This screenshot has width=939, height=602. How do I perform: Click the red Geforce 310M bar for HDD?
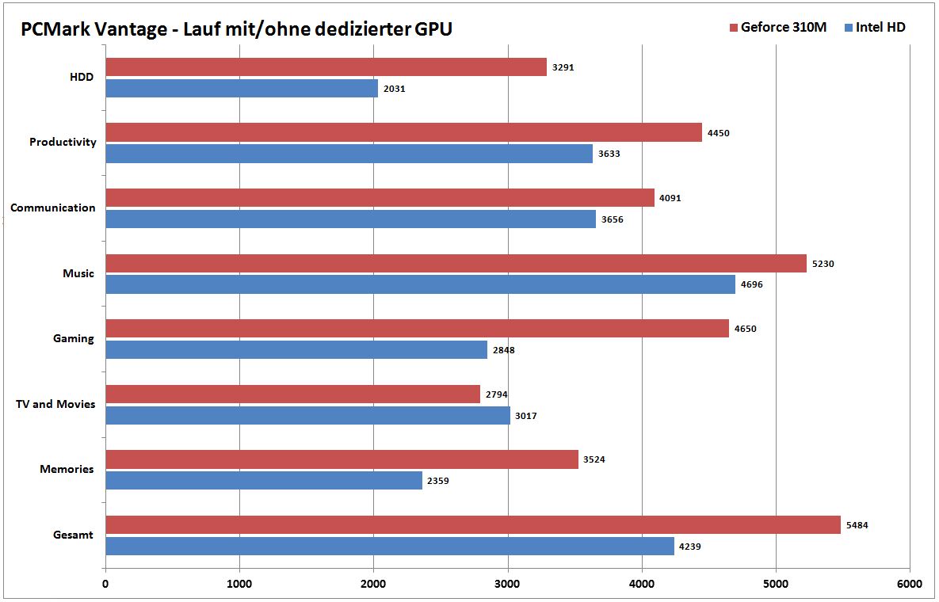click(x=326, y=67)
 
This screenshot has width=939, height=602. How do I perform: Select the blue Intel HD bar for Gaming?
click(x=296, y=350)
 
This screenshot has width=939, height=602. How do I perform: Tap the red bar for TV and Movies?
click(x=292, y=394)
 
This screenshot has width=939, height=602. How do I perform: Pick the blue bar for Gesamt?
click(x=389, y=546)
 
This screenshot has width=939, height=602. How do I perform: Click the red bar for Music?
click(x=456, y=263)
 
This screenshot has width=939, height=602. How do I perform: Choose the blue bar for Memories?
click(x=263, y=481)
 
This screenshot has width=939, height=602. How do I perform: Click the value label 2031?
click(x=394, y=89)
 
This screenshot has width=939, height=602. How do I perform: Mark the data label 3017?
click(x=525, y=416)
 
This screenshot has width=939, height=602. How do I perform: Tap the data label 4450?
click(x=718, y=133)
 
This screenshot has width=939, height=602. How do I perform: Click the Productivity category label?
click(x=63, y=143)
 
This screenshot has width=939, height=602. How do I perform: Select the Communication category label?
click(x=53, y=208)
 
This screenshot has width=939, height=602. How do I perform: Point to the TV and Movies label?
click(x=55, y=404)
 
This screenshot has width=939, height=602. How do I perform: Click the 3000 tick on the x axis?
click(x=507, y=585)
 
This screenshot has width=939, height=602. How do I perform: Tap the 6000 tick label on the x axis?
click(x=909, y=585)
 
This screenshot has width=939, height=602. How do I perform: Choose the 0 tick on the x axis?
click(x=105, y=585)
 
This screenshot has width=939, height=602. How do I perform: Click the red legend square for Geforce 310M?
click(x=733, y=28)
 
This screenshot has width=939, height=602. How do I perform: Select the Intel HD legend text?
click(x=880, y=28)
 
